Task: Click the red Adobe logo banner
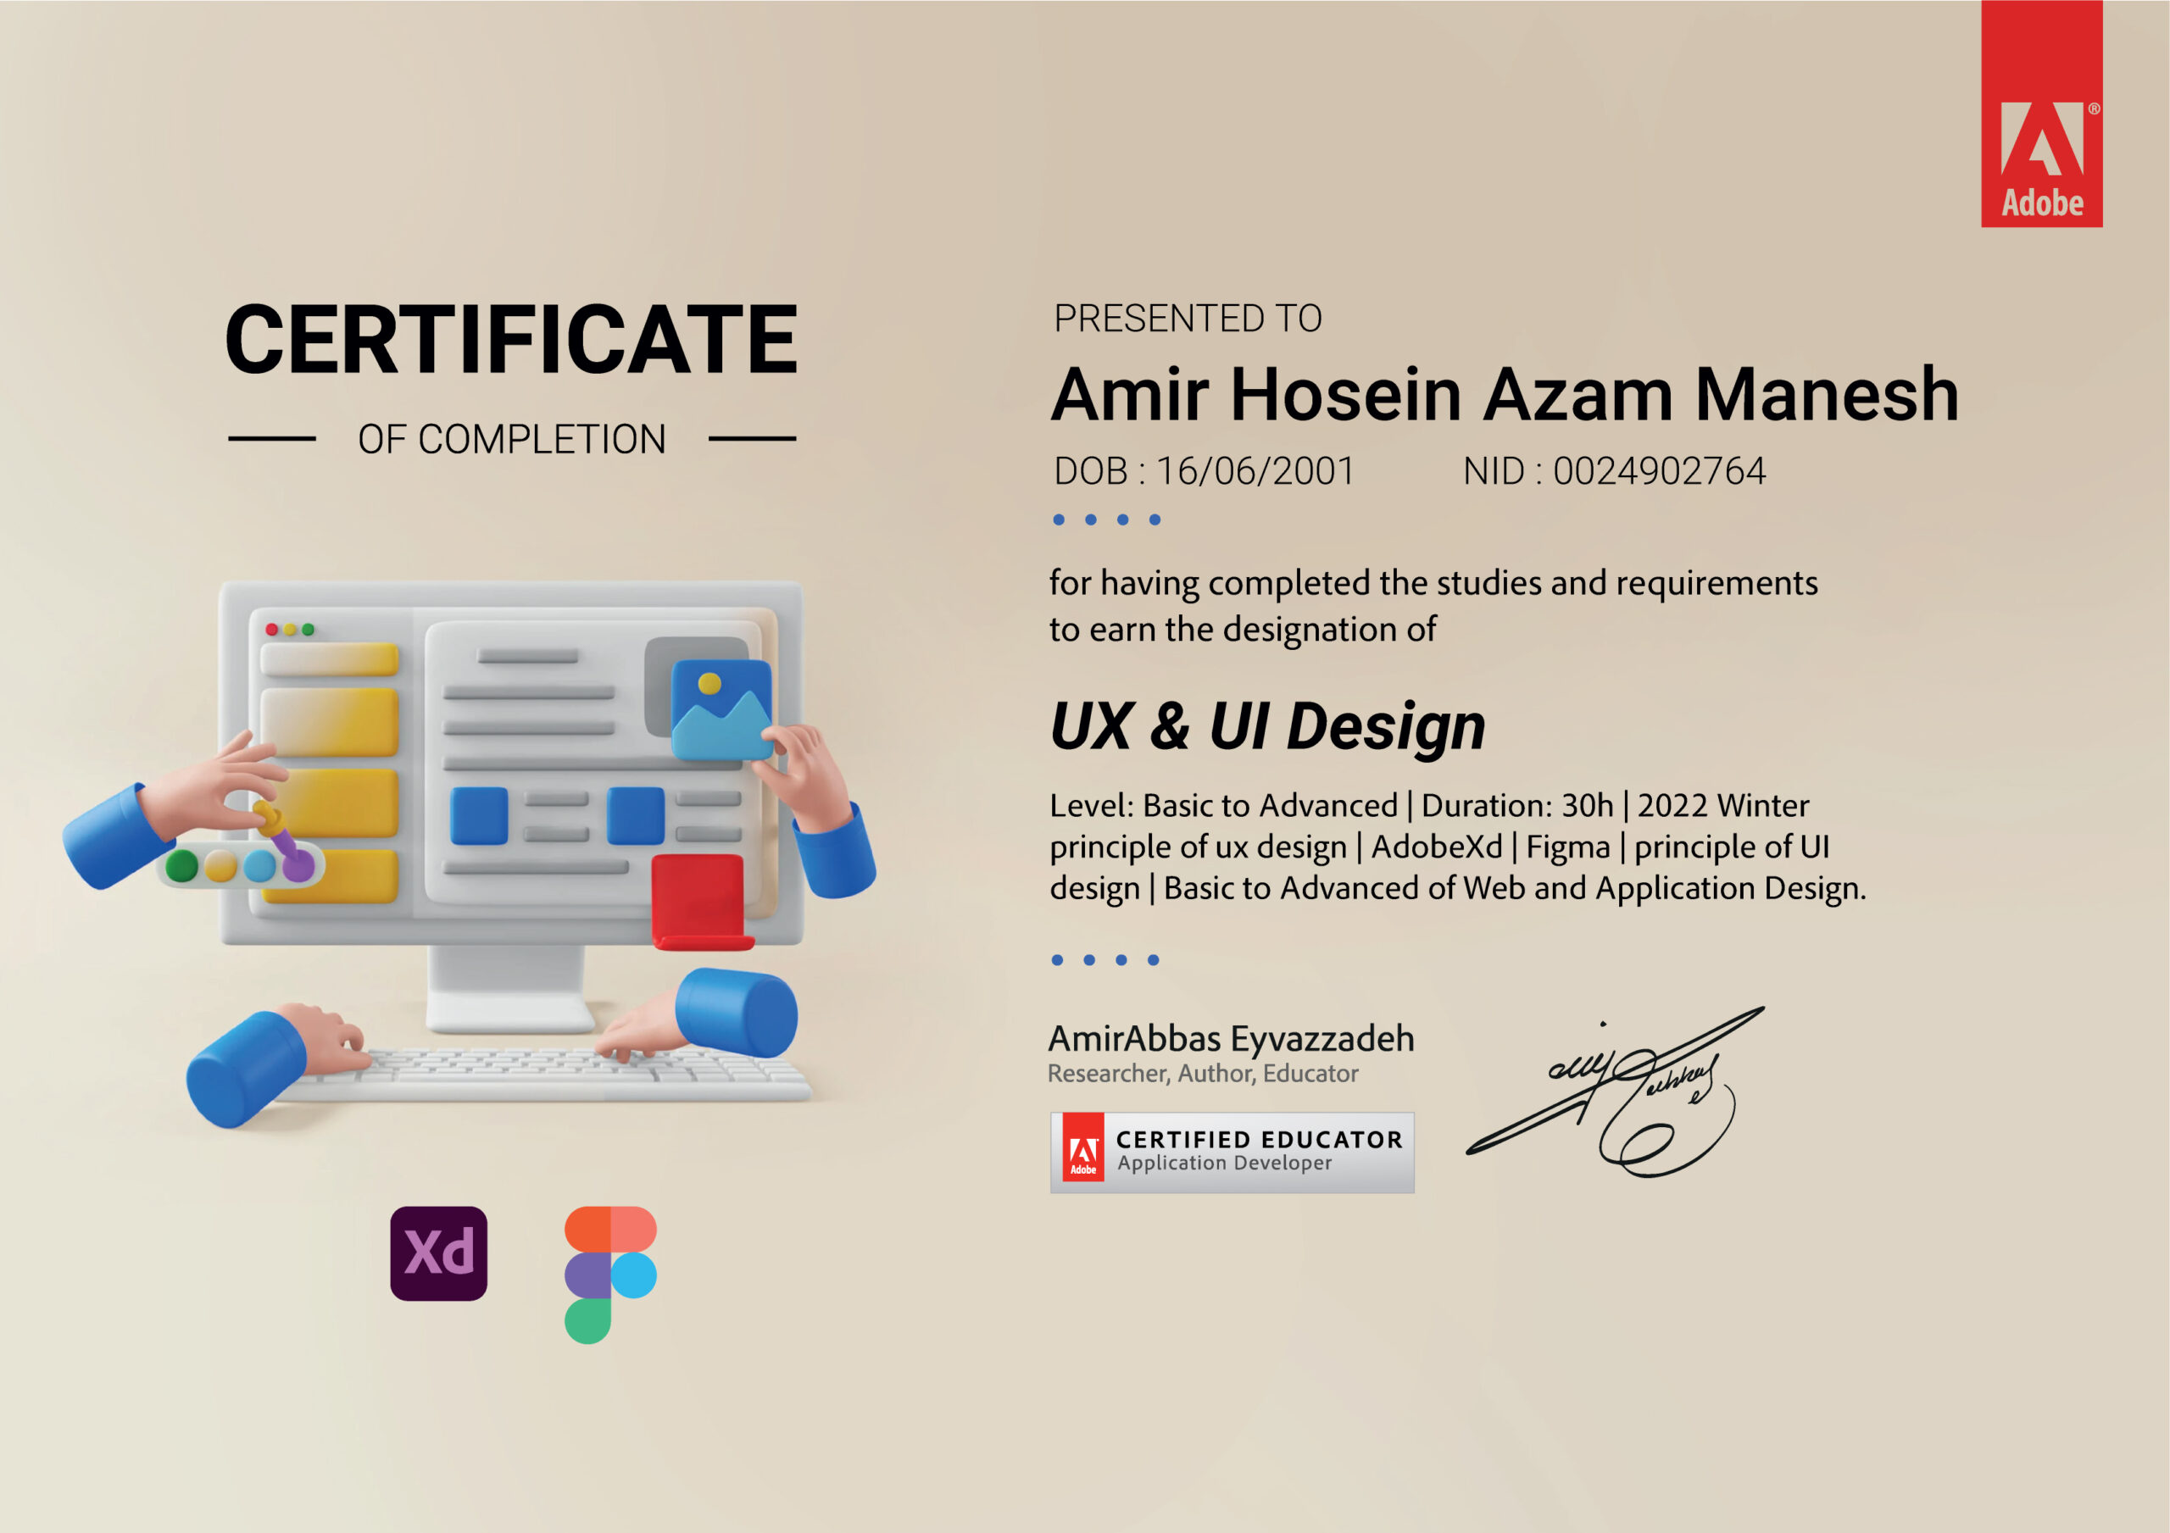click(2041, 114)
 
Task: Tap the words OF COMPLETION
click(511, 440)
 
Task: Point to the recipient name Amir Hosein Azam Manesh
click(1505, 394)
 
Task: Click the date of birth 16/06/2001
click(1255, 470)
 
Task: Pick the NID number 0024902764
click(1659, 470)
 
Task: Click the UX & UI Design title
click(1267, 728)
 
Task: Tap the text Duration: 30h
click(1517, 805)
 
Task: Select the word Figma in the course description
click(1568, 847)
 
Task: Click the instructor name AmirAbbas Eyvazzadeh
click(1231, 1039)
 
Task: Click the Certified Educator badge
click(1232, 1153)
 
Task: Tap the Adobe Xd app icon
click(438, 1253)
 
